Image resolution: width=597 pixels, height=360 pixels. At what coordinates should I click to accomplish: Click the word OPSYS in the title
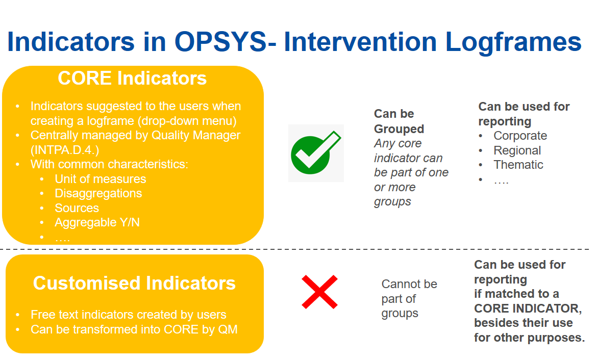(x=221, y=41)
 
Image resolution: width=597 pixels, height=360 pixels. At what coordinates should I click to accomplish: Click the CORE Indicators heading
(x=132, y=79)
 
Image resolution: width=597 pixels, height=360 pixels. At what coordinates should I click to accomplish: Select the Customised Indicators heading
(x=134, y=283)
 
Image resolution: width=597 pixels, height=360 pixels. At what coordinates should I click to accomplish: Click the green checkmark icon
(x=316, y=153)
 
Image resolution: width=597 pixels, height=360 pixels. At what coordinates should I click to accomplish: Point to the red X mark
(x=319, y=292)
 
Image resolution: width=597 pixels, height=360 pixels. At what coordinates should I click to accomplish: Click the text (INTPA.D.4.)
(x=65, y=150)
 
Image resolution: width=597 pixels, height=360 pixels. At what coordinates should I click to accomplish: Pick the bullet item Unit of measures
(x=101, y=179)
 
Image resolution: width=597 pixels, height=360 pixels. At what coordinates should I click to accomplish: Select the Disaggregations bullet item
(x=98, y=193)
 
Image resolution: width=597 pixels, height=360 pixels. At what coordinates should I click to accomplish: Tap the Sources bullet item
(x=77, y=208)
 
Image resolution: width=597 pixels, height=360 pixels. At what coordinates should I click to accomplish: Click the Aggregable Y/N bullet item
(x=97, y=223)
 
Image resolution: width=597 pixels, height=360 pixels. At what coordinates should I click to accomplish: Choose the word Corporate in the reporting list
(x=520, y=136)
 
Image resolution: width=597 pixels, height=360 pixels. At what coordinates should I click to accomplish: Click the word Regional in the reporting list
(x=517, y=151)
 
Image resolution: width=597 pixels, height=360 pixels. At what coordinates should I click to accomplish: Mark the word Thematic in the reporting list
(x=518, y=165)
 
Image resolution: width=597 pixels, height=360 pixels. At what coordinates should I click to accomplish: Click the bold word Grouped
(x=399, y=129)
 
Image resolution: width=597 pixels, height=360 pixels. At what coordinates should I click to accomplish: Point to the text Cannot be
(x=409, y=284)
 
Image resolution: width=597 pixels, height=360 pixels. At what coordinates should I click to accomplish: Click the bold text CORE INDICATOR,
(x=528, y=308)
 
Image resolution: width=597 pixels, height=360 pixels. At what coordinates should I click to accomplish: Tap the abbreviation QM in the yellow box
(x=228, y=329)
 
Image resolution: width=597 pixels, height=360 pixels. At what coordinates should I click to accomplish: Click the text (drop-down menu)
(x=187, y=121)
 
